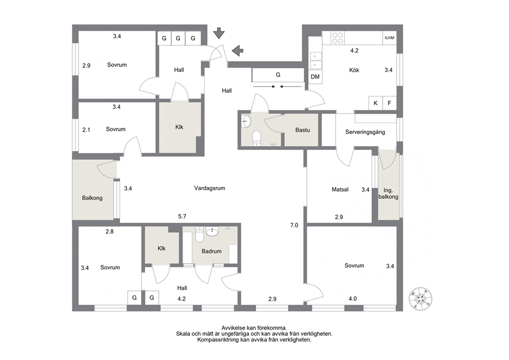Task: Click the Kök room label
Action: [x=354, y=70]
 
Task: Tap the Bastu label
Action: [x=302, y=130]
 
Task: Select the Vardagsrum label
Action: [x=209, y=188]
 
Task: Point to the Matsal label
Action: [x=340, y=190]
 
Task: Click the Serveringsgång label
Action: [x=365, y=132]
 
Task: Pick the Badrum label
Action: [x=211, y=251]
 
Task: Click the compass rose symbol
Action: [x=420, y=298]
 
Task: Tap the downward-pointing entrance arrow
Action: [x=219, y=33]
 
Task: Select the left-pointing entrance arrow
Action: [x=238, y=50]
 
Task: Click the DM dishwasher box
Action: [x=315, y=77]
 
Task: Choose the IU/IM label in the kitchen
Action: [x=389, y=38]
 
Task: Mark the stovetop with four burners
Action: [x=338, y=38]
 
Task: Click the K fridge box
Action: [x=376, y=103]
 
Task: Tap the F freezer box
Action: [x=389, y=103]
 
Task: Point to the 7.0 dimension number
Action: [x=294, y=225]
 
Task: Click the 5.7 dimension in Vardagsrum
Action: [x=182, y=216]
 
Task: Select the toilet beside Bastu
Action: [x=257, y=138]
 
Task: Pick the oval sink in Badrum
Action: [x=212, y=231]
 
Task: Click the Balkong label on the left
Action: [x=92, y=198]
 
